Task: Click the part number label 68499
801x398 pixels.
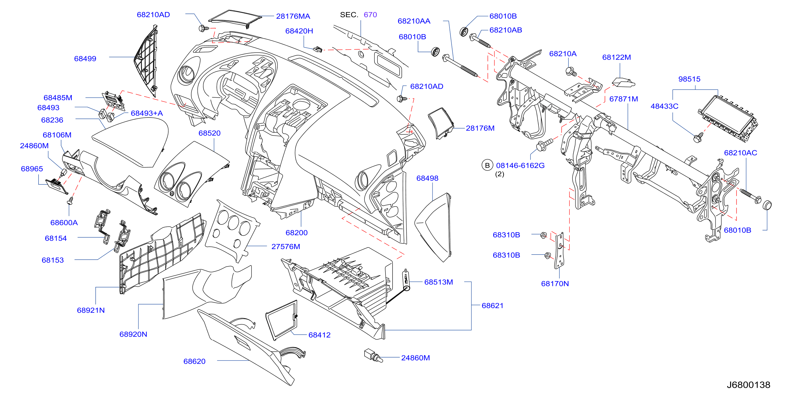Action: (x=85, y=58)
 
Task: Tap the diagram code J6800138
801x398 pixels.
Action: (x=748, y=385)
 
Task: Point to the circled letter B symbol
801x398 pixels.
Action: (x=487, y=165)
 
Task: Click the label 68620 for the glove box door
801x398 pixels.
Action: (x=194, y=361)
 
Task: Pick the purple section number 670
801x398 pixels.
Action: (x=370, y=15)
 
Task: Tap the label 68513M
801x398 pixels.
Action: (x=439, y=282)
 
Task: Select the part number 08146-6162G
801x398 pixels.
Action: (x=520, y=165)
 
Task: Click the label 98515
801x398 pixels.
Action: (x=689, y=79)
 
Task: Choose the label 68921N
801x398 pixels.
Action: (x=91, y=310)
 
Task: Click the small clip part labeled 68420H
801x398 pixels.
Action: (x=317, y=49)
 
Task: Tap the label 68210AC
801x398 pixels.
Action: (x=740, y=153)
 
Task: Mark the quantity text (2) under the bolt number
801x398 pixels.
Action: (x=499, y=174)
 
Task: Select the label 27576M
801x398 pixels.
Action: (x=286, y=246)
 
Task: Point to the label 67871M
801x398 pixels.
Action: (x=623, y=99)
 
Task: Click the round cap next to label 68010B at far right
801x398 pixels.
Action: (x=767, y=205)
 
